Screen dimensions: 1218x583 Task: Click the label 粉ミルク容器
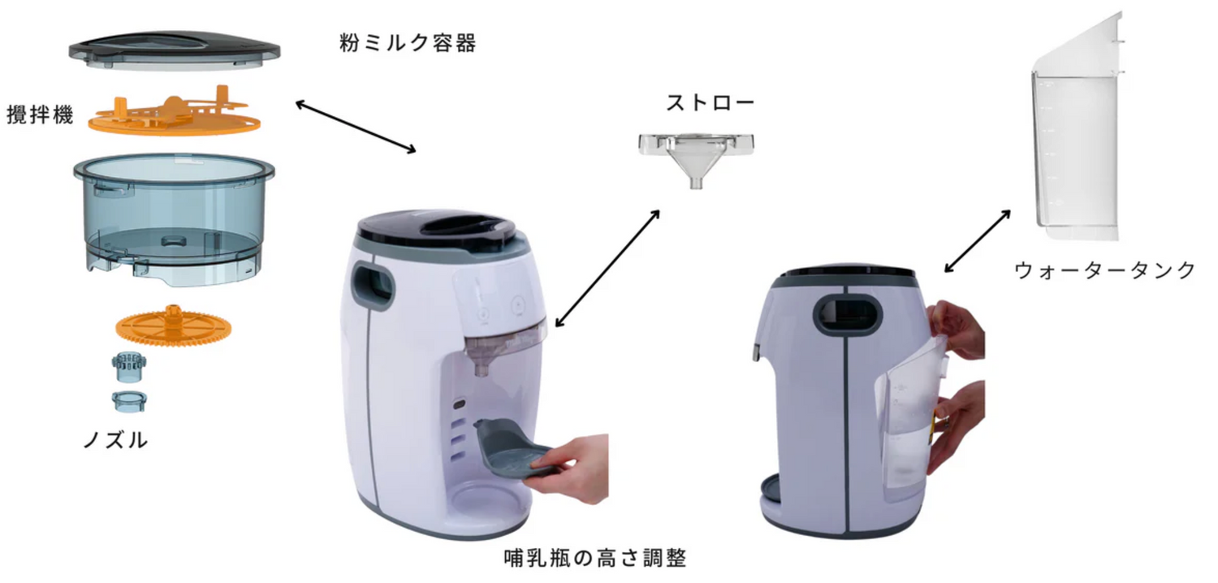(x=408, y=42)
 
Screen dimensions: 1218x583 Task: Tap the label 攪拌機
(x=40, y=114)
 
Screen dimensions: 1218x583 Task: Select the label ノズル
(x=115, y=439)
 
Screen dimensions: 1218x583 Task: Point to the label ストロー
(x=710, y=103)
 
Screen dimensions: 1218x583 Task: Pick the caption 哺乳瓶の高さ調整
(x=595, y=558)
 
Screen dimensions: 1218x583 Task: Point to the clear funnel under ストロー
(x=697, y=158)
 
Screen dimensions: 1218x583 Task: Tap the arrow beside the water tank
(x=977, y=241)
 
